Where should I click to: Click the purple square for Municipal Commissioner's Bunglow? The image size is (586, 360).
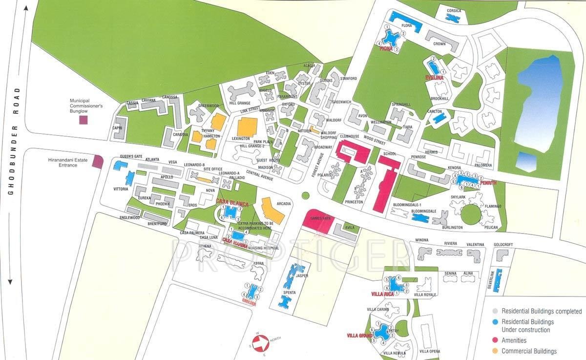(84, 120)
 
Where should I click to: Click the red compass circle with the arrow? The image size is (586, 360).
(261, 343)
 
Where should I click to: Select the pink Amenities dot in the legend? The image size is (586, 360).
(495, 340)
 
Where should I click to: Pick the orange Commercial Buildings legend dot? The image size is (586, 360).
(495, 351)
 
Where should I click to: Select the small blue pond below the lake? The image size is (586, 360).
(526, 161)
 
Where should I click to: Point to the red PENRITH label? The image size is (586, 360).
(488, 183)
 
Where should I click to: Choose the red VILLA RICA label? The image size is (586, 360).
(382, 294)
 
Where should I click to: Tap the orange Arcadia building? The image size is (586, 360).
(274, 210)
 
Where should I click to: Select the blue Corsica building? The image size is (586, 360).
(453, 18)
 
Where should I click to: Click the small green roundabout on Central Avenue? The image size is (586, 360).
(306, 195)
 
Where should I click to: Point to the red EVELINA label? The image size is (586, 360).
(434, 78)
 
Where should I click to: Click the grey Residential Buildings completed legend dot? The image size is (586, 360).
(495, 311)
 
